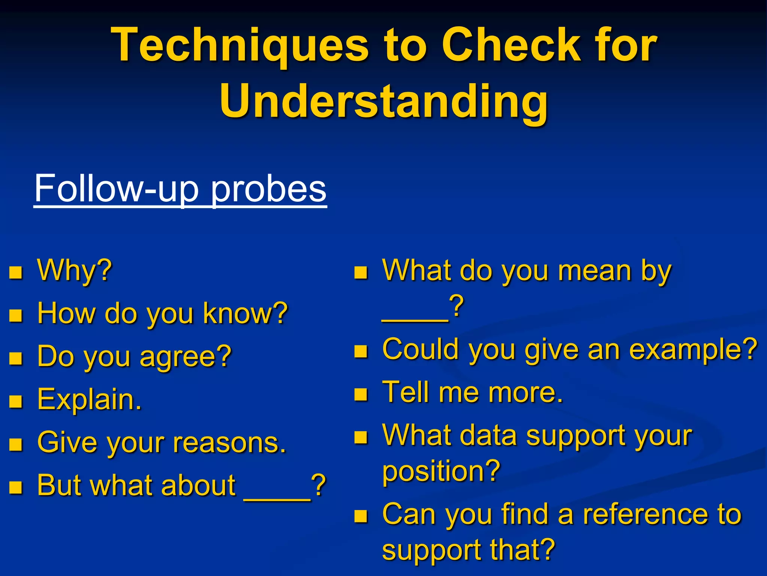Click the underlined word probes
pos(269,188)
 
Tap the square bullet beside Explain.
pos(16,402)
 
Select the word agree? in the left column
pos(186,356)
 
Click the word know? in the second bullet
pos(245,313)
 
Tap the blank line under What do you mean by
pos(415,319)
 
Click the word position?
pos(441,472)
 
